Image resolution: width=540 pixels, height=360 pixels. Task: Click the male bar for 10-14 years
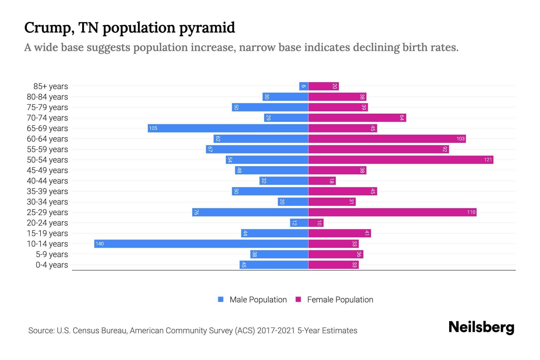click(201, 244)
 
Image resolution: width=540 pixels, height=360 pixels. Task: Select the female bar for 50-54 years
click(400, 160)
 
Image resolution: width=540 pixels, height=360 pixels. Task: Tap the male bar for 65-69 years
click(228, 128)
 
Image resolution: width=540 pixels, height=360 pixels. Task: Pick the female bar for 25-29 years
click(392, 212)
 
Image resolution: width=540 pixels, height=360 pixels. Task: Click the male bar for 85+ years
click(304, 86)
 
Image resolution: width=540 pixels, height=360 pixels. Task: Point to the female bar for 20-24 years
click(316, 223)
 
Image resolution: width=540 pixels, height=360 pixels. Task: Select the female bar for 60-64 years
click(387, 139)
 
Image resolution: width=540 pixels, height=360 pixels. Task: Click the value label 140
click(100, 244)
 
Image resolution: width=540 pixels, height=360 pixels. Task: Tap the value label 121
click(488, 160)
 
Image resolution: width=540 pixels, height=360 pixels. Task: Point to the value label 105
click(153, 128)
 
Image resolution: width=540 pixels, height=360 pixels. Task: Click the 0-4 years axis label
click(52, 265)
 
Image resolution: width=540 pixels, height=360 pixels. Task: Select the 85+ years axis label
click(50, 86)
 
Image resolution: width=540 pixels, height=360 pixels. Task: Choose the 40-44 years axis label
click(47, 181)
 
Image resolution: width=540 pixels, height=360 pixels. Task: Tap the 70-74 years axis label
click(47, 118)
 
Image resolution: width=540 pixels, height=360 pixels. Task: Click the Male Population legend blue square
click(221, 299)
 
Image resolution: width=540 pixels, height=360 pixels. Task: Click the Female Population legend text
click(340, 299)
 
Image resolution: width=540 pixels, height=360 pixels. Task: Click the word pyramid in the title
click(207, 28)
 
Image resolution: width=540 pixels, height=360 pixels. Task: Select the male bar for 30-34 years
click(293, 202)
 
